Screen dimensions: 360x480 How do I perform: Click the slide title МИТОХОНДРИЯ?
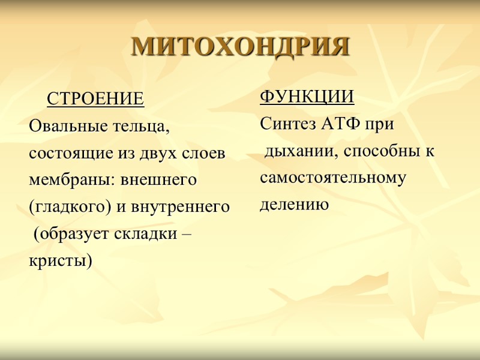pos(240,47)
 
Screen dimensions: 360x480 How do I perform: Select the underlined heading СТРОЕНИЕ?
pos(95,98)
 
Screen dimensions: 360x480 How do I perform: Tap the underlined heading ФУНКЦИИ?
pos(306,97)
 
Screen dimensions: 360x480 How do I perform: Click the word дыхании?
pos(296,152)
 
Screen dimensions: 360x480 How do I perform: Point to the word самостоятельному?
pos(333,178)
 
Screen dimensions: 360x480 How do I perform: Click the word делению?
pos(294,205)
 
